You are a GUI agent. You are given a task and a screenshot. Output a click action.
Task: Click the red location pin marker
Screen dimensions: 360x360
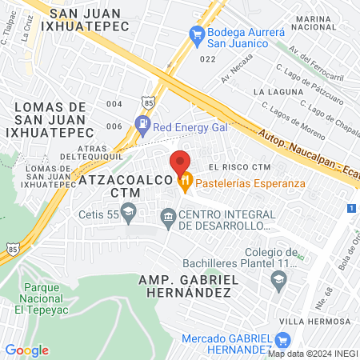pos(181,162)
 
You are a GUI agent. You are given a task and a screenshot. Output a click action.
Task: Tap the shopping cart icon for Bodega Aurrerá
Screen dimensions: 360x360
pos(195,34)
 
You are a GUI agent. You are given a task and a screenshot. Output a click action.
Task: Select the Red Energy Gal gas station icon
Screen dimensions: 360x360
pos(142,124)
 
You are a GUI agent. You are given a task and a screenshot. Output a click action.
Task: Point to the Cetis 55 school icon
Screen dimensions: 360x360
pos(128,214)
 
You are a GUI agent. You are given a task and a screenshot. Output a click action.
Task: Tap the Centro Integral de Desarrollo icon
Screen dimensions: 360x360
pos(168,216)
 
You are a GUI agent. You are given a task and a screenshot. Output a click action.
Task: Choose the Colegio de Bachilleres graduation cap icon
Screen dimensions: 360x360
pos(278,278)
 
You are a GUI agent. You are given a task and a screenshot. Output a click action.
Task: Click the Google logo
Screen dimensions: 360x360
pos(26,350)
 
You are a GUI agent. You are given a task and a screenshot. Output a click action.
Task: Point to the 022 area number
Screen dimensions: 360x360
pos(208,58)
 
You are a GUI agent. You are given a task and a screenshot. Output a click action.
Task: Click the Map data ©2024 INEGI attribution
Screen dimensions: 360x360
pos(312,354)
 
